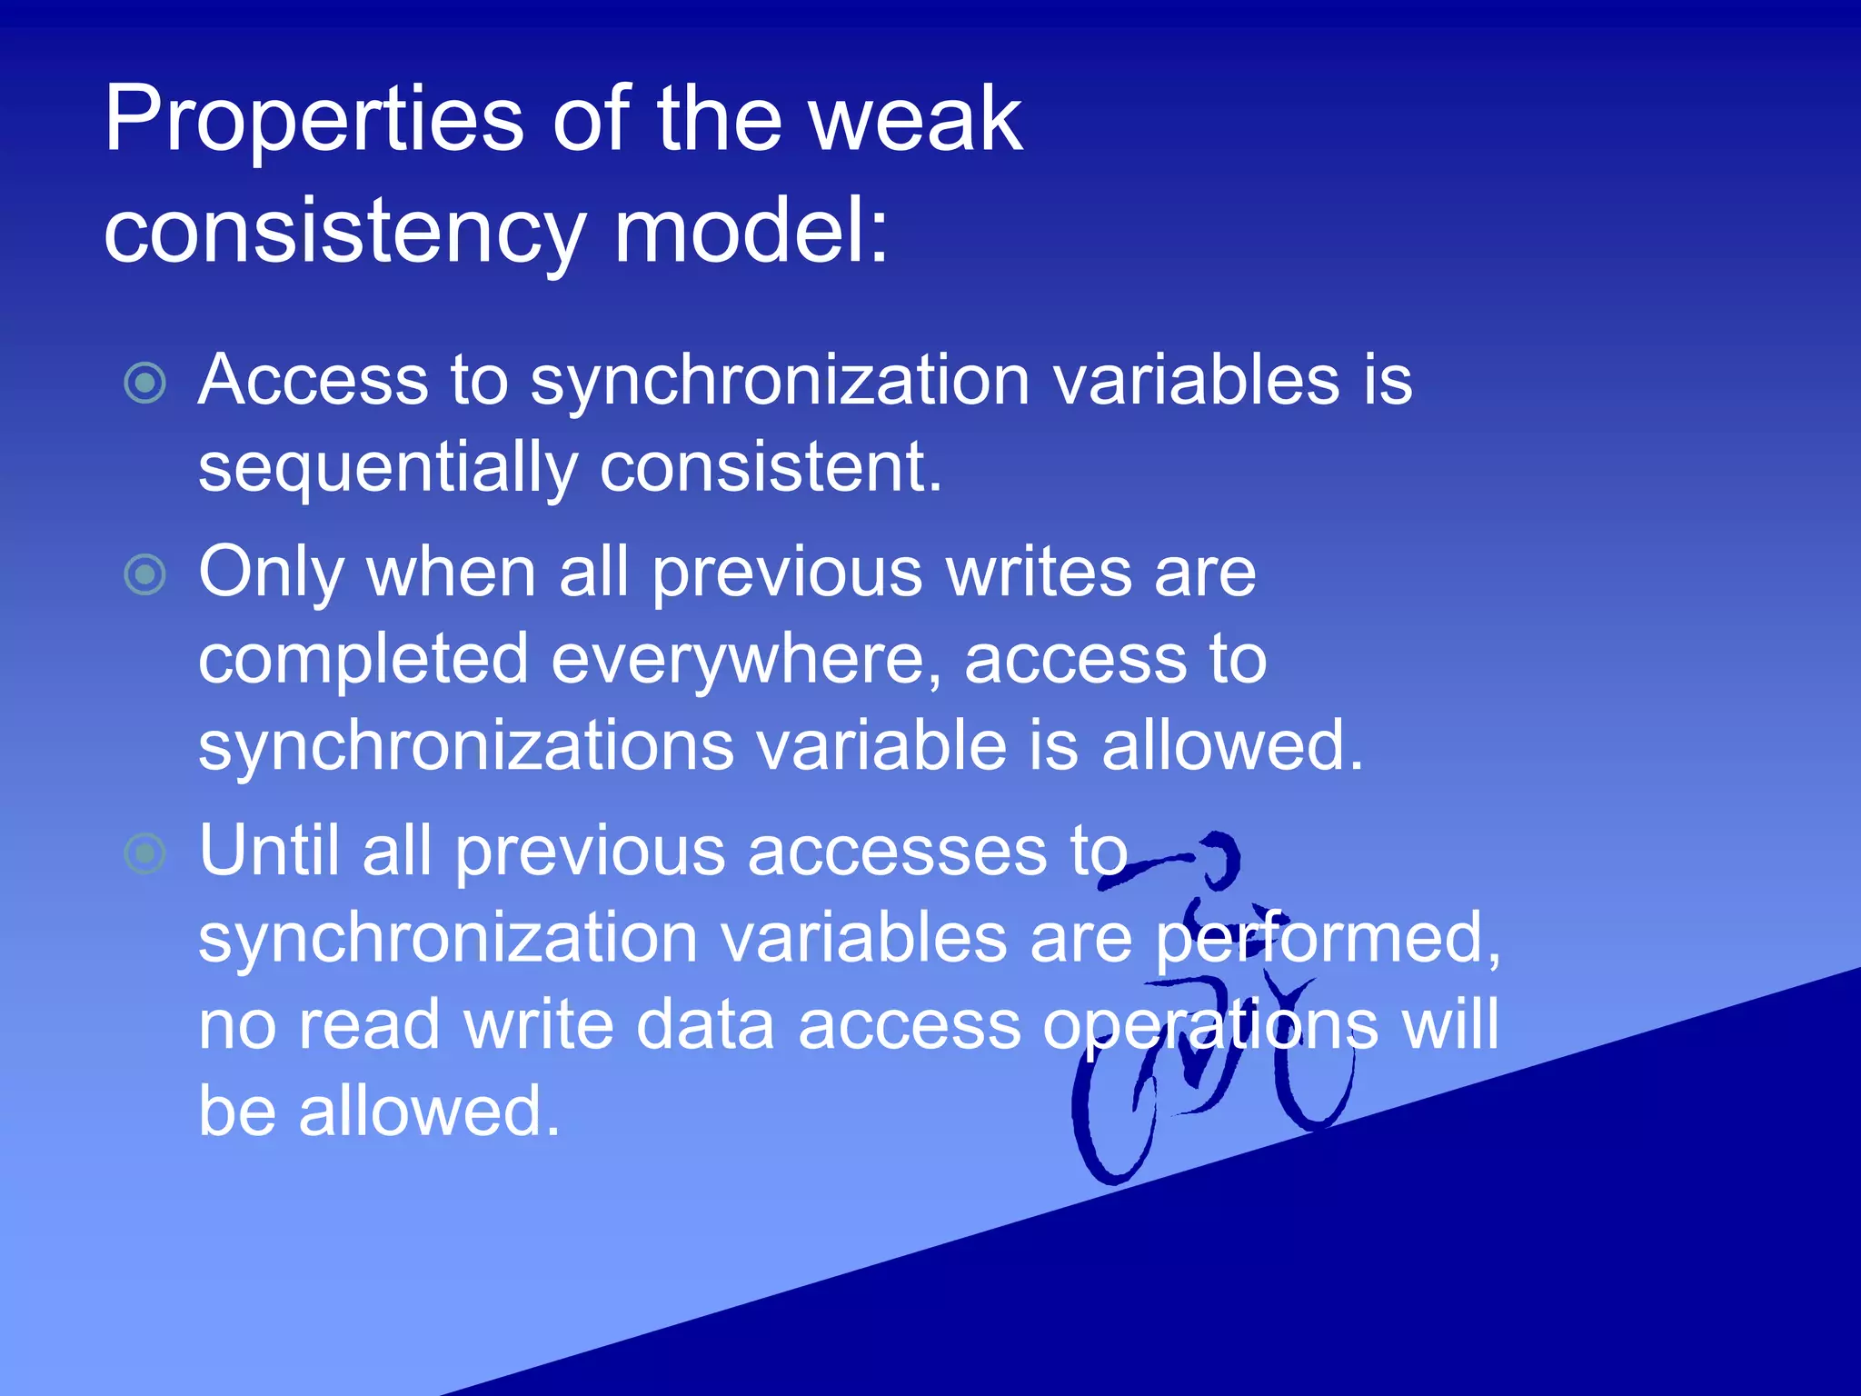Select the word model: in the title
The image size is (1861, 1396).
click(x=751, y=233)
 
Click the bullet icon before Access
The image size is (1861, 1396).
click(x=144, y=383)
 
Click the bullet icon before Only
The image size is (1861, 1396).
click(x=144, y=574)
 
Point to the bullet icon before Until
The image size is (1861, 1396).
click(x=144, y=853)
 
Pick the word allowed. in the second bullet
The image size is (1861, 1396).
click(x=1232, y=745)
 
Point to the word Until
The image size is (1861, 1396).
click(x=269, y=851)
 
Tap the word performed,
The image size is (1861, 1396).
click(x=1328, y=938)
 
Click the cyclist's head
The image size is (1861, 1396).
click(x=1218, y=858)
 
